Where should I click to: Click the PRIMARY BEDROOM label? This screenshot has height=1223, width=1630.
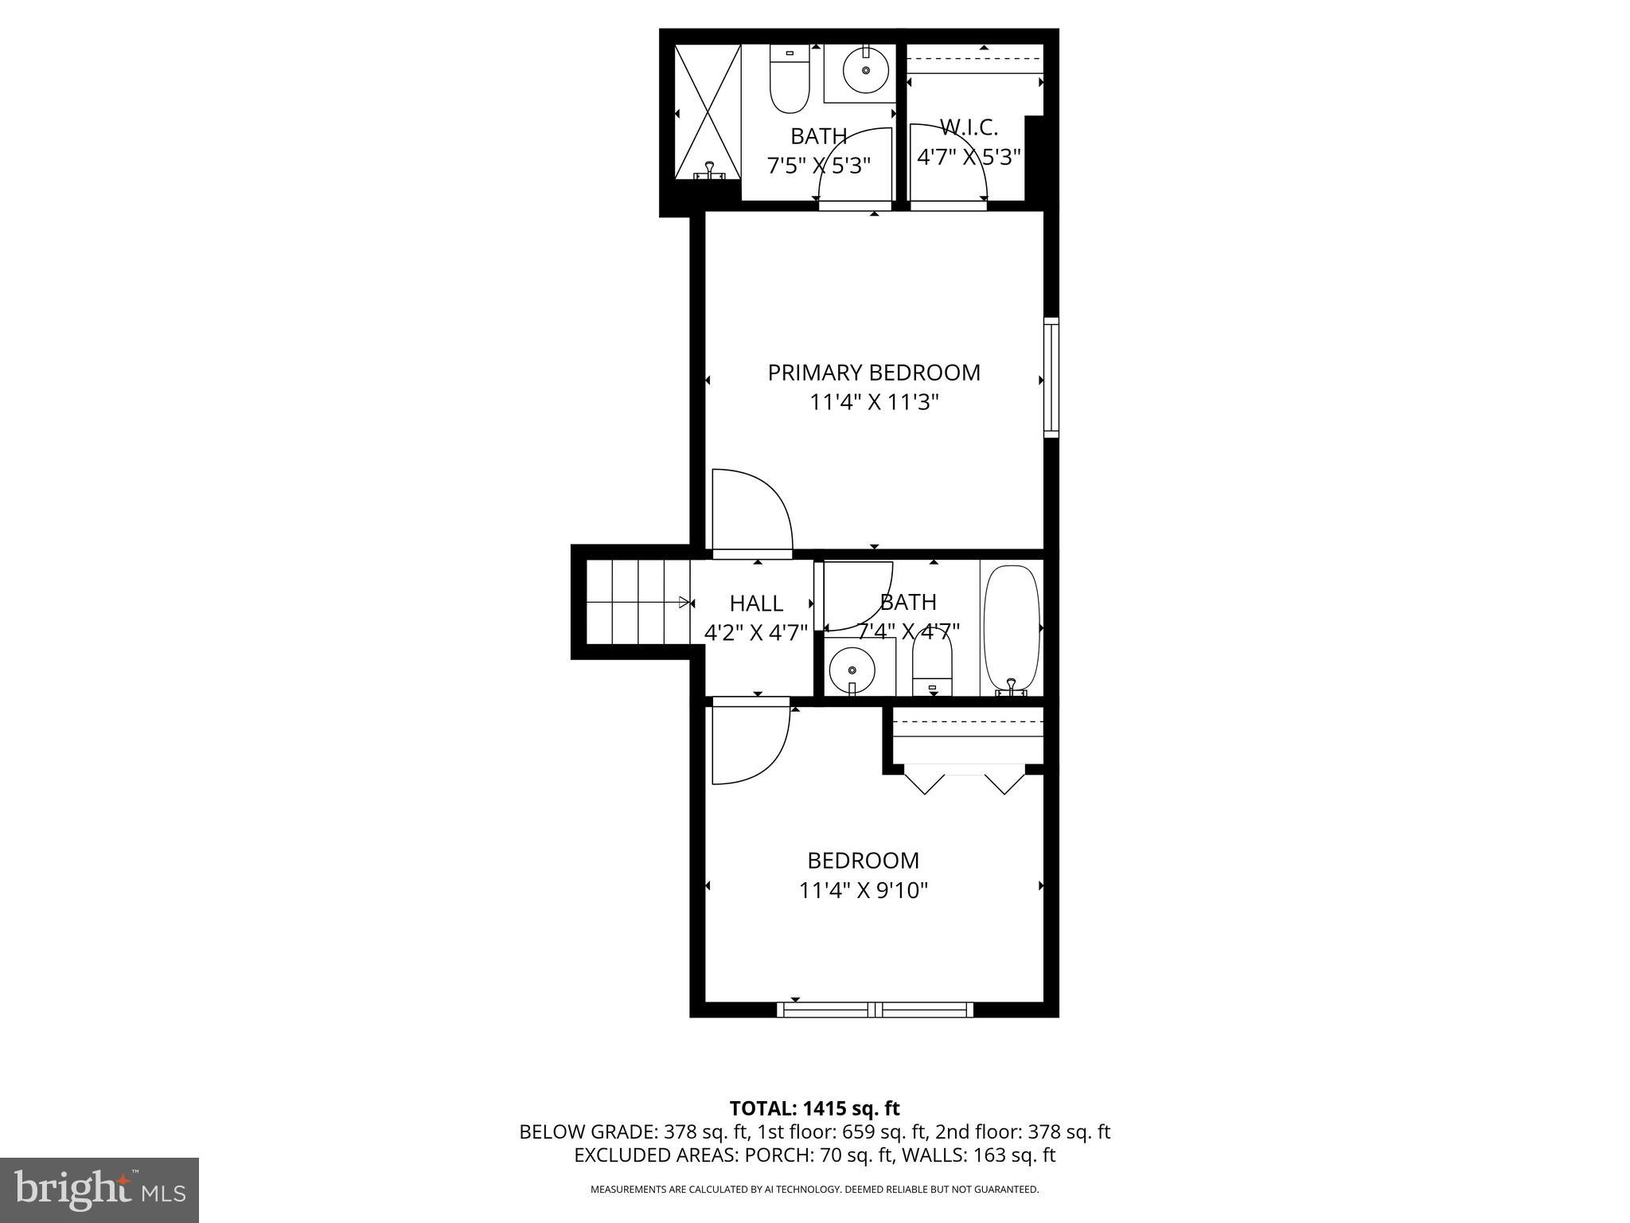pyautogui.click(x=873, y=373)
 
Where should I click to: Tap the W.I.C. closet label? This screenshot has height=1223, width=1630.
pyautogui.click(x=969, y=127)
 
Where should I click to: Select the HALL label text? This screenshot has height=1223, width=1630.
pyautogui.click(x=756, y=603)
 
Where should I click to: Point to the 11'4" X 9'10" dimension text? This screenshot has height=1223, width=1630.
pyautogui.click(x=864, y=890)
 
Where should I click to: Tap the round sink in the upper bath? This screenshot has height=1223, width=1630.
pyautogui.click(x=865, y=71)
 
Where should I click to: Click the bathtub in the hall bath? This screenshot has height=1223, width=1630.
pyautogui.click(x=1012, y=629)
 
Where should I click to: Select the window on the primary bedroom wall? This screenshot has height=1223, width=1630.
pyautogui.click(x=1051, y=377)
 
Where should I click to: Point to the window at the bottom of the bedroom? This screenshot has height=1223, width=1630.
pyautogui.click(x=875, y=1010)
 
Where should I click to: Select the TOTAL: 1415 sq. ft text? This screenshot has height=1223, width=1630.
pyautogui.click(x=814, y=1108)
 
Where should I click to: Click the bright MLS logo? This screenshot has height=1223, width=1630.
pyautogui.click(x=99, y=1190)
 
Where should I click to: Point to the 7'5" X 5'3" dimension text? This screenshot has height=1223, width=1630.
pyautogui.click(x=818, y=166)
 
